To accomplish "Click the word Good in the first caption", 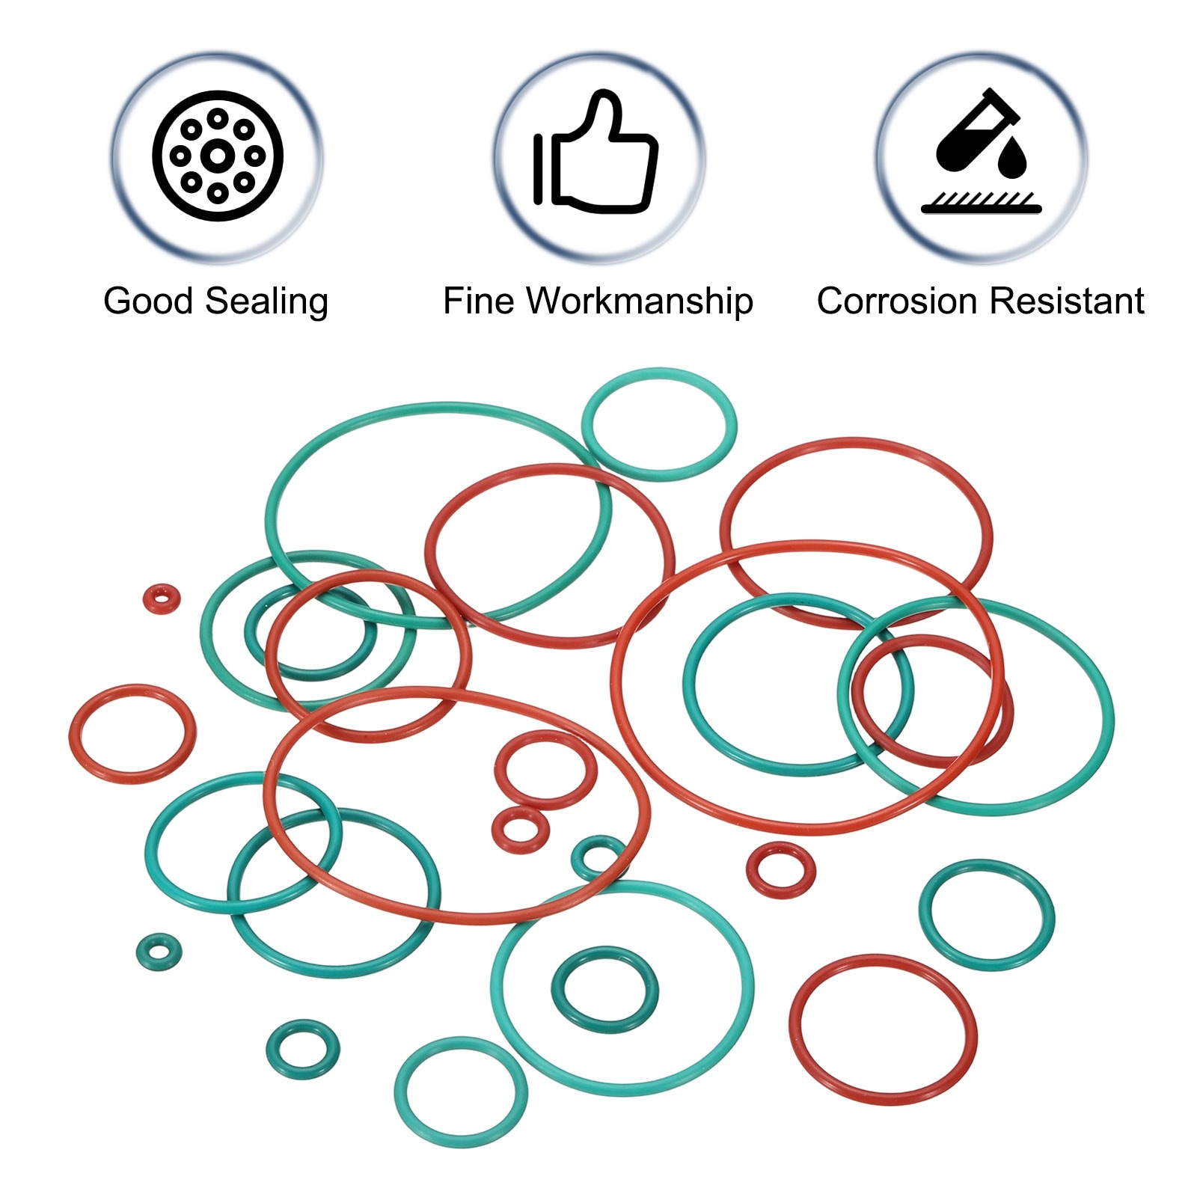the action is point(148,301).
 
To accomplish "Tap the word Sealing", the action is point(267,302).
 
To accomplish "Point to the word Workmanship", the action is point(639,302).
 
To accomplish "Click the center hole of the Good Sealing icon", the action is point(217,156).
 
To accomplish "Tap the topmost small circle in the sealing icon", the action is point(218,118).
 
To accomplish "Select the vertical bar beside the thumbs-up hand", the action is point(538,169).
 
